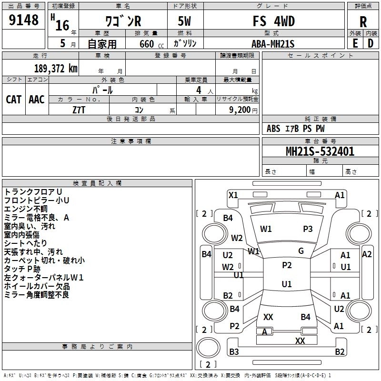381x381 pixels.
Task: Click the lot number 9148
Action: click(x=24, y=20)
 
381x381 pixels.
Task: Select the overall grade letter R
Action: click(x=363, y=21)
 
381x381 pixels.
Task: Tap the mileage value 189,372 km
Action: click(x=56, y=68)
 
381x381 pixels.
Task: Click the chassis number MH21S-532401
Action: click(x=320, y=151)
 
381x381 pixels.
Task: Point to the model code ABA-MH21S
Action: click(x=273, y=43)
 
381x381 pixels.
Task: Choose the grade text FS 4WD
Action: click(x=273, y=21)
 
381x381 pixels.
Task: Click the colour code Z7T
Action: click(x=79, y=110)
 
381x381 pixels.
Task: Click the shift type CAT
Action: click(x=13, y=99)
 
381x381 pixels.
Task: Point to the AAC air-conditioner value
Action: click(x=36, y=99)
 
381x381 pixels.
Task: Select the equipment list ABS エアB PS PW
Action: click(x=296, y=129)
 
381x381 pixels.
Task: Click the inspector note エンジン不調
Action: click(x=26, y=209)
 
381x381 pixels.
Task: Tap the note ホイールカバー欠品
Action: click(x=37, y=286)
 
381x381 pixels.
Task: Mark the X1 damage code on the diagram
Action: click(x=233, y=195)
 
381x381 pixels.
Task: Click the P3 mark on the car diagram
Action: click(x=308, y=229)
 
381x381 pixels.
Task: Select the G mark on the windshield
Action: click(x=301, y=251)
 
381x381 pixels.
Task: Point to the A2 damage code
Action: click(x=367, y=254)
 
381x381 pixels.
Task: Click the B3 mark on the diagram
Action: click(x=234, y=352)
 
